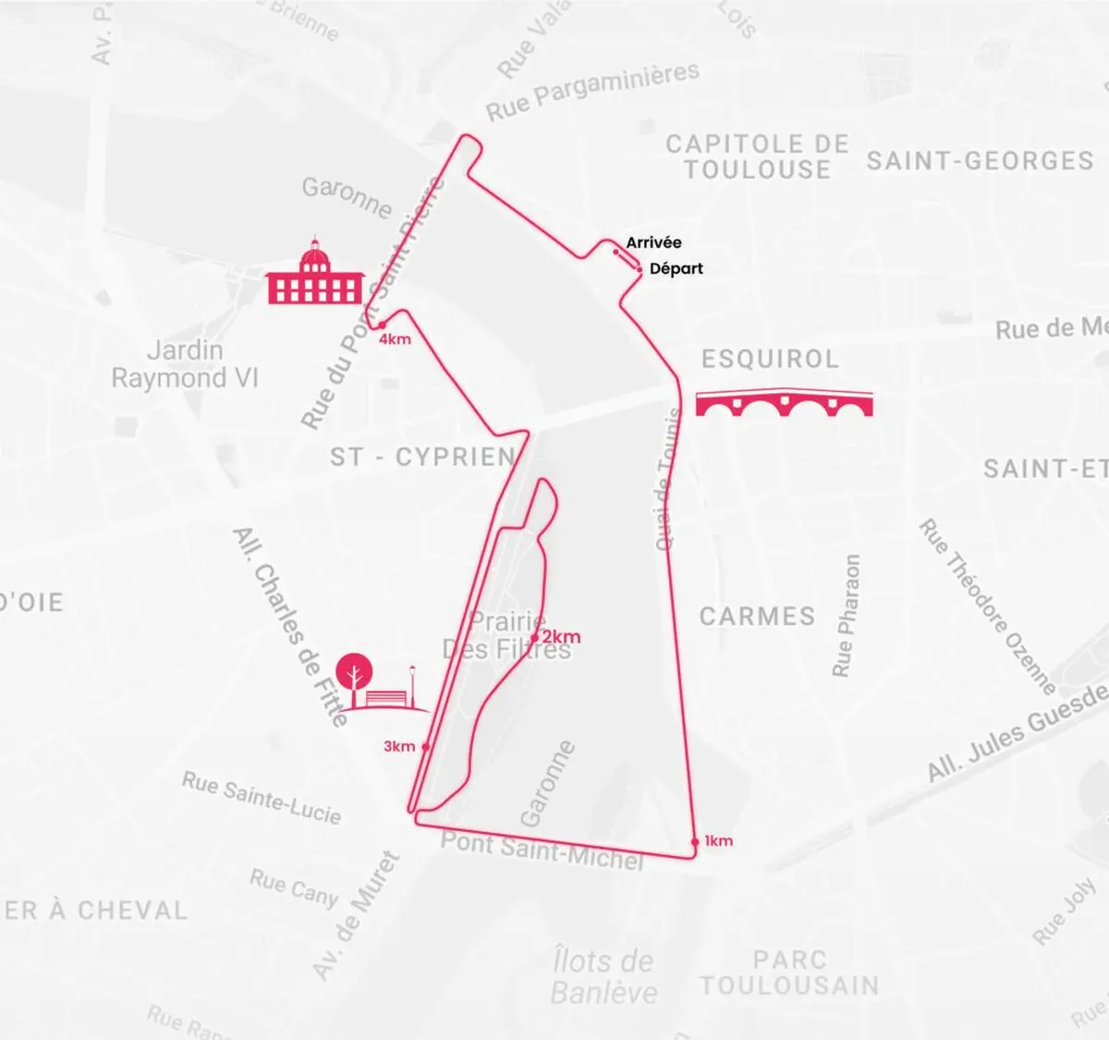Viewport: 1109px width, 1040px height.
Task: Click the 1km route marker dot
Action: coord(695,841)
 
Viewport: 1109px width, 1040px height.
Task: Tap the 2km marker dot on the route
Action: coord(534,637)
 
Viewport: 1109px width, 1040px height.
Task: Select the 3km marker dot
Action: coord(425,746)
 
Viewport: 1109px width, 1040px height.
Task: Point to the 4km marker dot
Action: coord(381,324)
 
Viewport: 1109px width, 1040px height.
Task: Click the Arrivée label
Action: coord(653,242)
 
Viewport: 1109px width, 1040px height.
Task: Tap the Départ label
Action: coord(676,268)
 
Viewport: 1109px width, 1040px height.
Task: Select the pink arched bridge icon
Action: coord(784,404)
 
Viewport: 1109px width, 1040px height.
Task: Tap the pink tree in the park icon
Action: coord(352,674)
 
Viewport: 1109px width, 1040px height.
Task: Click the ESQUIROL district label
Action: coord(770,359)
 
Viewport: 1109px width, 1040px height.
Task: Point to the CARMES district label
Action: coord(757,617)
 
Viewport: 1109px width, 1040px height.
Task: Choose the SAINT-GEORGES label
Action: coord(980,161)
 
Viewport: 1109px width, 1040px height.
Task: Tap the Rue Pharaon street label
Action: coord(847,616)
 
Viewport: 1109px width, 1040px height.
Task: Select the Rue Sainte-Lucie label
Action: coord(262,798)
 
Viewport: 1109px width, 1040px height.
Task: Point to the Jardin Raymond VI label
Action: coord(185,364)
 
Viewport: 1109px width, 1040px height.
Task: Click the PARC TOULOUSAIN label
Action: coord(789,973)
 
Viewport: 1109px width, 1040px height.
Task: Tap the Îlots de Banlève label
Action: coord(603,976)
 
